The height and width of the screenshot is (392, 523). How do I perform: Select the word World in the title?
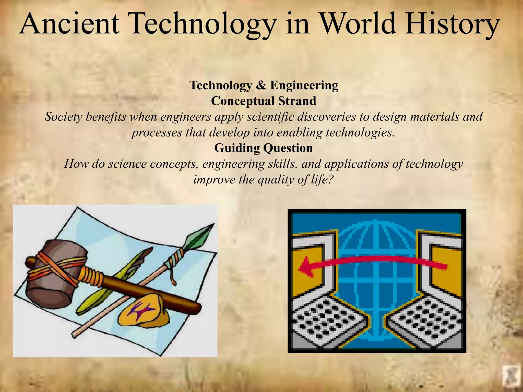pyautogui.click(x=358, y=24)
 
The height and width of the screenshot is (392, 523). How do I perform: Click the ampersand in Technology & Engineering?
pyautogui.click(x=261, y=85)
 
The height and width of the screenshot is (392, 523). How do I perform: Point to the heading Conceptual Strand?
pyautogui.click(x=264, y=101)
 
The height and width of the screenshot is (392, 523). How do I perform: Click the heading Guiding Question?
pyautogui.click(x=264, y=148)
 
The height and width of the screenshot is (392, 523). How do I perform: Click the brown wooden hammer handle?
pyautogui.click(x=143, y=291)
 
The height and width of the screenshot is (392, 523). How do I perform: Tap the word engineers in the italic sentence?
pyautogui.click(x=188, y=117)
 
